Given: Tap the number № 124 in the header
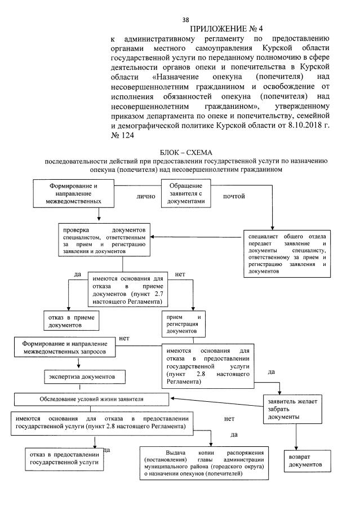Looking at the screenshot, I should (123, 136).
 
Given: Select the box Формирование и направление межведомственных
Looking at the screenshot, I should (67, 193).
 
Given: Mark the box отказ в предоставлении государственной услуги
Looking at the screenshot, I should (64, 459).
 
